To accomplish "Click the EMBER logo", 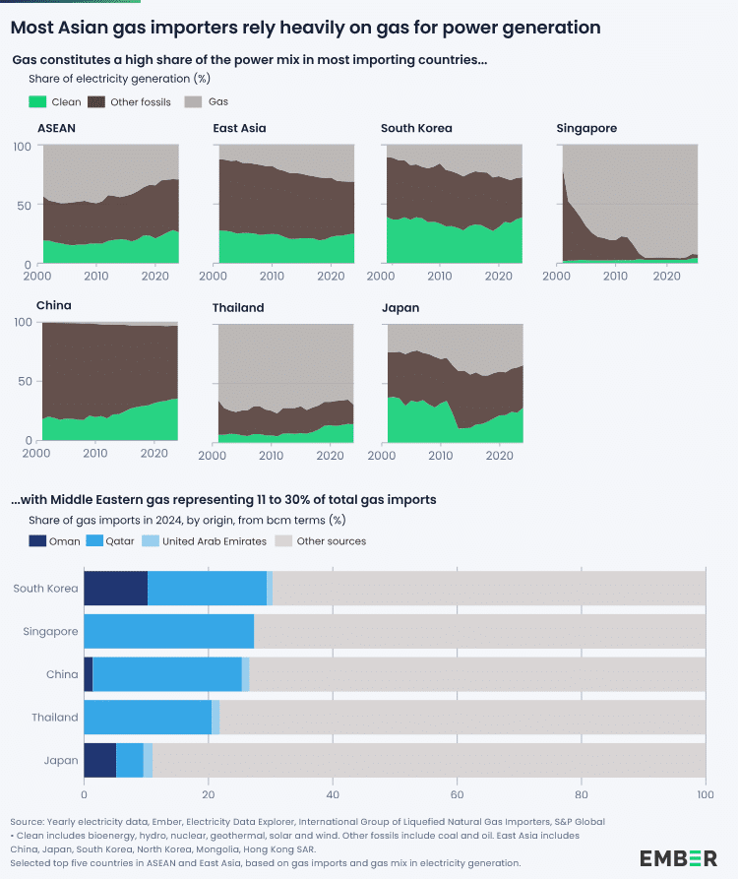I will (678, 857).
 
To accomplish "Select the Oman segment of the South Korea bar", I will (115, 588).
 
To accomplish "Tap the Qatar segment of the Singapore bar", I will (168, 631).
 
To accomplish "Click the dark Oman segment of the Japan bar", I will (99, 760).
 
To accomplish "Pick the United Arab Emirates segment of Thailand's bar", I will (215, 717).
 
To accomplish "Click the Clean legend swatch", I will (38, 101).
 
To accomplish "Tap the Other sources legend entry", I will (332, 540).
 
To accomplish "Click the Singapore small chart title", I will (586, 128).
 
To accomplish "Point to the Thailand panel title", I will (238, 307).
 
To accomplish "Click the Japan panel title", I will (400, 307).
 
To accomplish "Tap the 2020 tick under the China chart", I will (153, 454).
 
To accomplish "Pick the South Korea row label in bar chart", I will (45, 589).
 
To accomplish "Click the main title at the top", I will (305, 28).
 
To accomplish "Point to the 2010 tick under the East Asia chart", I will (272, 277).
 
